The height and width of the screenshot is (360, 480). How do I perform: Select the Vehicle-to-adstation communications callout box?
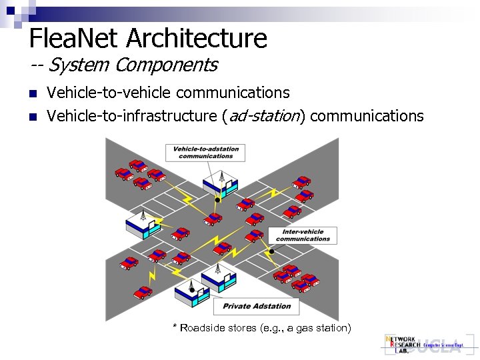(205, 152)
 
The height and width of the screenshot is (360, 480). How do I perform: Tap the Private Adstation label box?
(257, 306)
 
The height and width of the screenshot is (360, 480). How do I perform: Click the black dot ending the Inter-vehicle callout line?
(271, 251)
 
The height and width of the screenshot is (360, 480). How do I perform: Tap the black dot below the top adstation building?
(217, 199)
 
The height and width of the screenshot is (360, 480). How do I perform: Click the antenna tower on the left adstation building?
(143, 216)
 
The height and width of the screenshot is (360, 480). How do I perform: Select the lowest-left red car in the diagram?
(143, 292)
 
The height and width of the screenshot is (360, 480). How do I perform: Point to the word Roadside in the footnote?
(201, 328)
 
